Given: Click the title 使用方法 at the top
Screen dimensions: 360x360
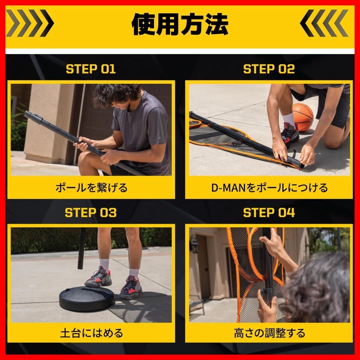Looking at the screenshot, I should click(x=180, y=25).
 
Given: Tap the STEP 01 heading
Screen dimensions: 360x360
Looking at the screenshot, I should click(x=91, y=69).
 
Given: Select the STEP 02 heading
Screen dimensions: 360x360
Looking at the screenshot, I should click(x=269, y=69).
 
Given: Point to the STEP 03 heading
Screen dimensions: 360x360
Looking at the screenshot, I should click(x=91, y=213).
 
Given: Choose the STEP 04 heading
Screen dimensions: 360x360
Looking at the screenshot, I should click(x=269, y=213).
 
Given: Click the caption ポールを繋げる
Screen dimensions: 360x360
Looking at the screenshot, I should click(x=91, y=188).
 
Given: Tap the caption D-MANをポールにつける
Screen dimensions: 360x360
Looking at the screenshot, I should click(x=269, y=188).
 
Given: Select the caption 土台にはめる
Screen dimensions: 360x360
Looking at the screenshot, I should click(x=91, y=332).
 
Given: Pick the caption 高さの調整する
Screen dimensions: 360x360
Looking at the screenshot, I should click(x=269, y=332).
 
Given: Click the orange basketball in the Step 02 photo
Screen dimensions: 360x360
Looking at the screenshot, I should click(x=302, y=117).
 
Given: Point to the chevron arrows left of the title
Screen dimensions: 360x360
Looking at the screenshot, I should click(x=30, y=23).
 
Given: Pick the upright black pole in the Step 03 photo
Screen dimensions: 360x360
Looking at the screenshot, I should click(x=81, y=248).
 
